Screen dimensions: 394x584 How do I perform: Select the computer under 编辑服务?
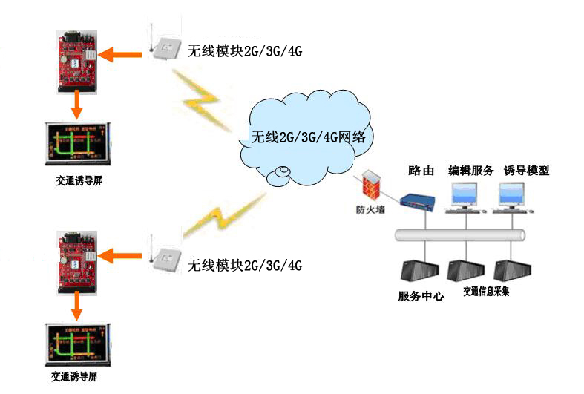point(469,197)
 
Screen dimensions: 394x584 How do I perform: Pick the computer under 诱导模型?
point(518,197)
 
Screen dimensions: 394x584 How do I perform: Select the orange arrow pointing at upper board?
point(122,53)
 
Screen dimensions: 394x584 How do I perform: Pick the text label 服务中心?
point(421,297)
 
